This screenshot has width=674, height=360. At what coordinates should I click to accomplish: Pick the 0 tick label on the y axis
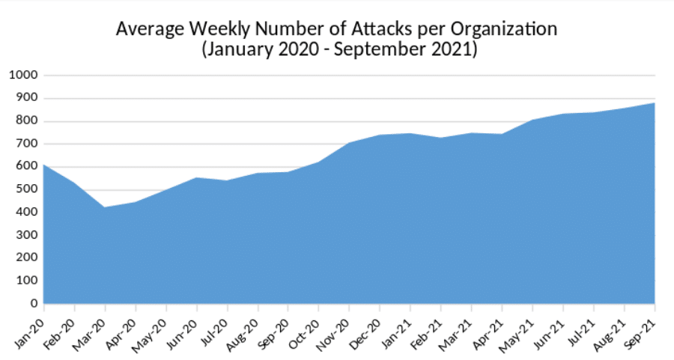coord(34,303)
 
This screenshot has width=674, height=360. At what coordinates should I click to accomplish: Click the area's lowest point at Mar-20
coord(105,207)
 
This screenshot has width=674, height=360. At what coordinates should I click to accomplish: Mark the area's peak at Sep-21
coord(655,103)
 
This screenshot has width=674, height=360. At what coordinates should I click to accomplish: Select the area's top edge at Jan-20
coord(44,165)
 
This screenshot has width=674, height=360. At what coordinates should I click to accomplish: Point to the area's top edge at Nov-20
coord(350,142)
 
